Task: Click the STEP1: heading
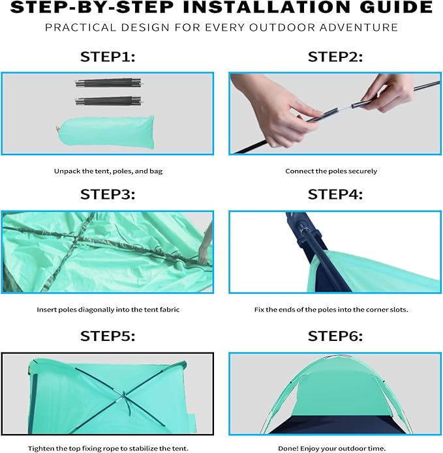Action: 108,57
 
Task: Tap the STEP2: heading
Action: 335,57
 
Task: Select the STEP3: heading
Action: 108,194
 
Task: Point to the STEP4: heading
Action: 335,194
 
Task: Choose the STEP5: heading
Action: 108,336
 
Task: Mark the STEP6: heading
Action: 335,336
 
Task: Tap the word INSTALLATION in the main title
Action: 267,7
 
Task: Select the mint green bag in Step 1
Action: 105,132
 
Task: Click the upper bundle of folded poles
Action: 109,83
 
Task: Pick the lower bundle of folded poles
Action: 109,101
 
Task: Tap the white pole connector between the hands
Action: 344,108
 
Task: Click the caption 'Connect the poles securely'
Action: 331,171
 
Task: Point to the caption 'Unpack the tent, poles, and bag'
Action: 108,171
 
